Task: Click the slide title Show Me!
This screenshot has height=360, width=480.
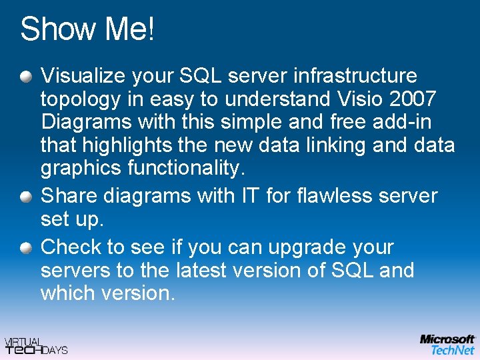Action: pyautogui.click(x=87, y=30)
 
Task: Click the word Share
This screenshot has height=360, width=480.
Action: pyautogui.click(x=70, y=196)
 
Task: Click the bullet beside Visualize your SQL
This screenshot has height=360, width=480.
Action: pyautogui.click(x=25, y=77)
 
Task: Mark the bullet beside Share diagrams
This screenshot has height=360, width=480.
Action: pyautogui.click(x=25, y=197)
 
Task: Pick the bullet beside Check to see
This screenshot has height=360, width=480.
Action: pyautogui.click(x=25, y=249)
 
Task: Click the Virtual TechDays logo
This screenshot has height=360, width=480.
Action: pyautogui.click(x=36, y=345)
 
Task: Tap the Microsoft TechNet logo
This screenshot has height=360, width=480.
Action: pyautogui.click(x=447, y=344)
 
